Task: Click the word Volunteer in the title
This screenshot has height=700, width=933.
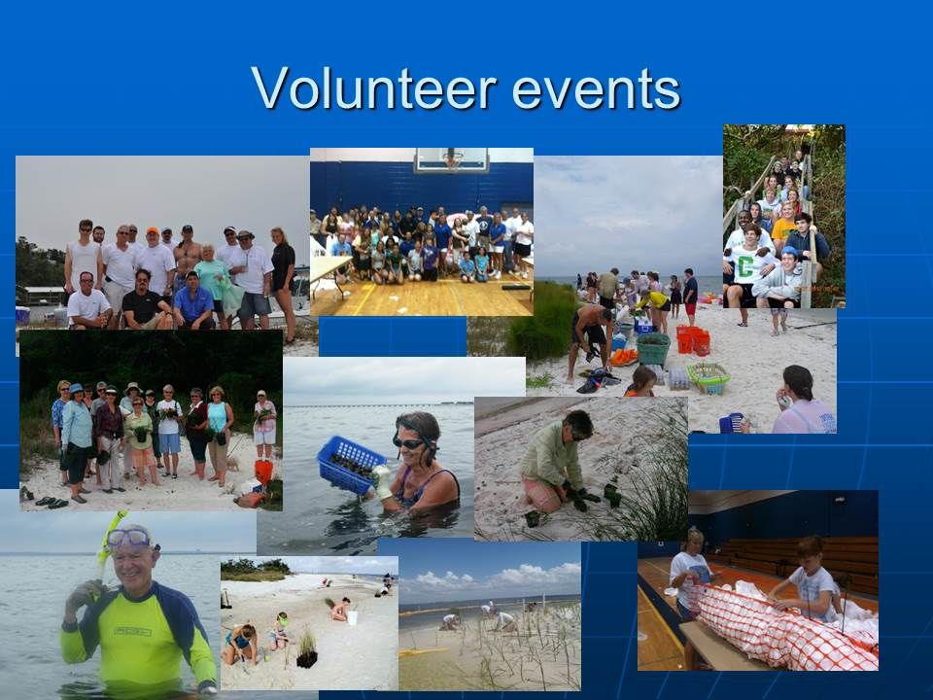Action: [374, 88]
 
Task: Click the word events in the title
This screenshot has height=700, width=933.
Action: [596, 90]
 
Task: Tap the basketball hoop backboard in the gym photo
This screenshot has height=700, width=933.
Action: [452, 159]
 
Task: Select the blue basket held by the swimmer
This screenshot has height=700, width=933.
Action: [351, 465]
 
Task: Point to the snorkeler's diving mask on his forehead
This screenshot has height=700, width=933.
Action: [128, 538]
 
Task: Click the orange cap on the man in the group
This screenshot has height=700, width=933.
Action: [153, 231]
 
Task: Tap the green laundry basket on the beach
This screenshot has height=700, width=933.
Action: [653, 348]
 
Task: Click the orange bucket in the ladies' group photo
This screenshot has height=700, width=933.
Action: [263, 472]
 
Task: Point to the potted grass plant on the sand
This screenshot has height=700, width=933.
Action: [307, 650]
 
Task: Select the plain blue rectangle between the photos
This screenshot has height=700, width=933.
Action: [392, 336]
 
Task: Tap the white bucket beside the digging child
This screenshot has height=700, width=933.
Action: [352, 618]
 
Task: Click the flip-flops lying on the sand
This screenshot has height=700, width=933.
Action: [52, 503]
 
